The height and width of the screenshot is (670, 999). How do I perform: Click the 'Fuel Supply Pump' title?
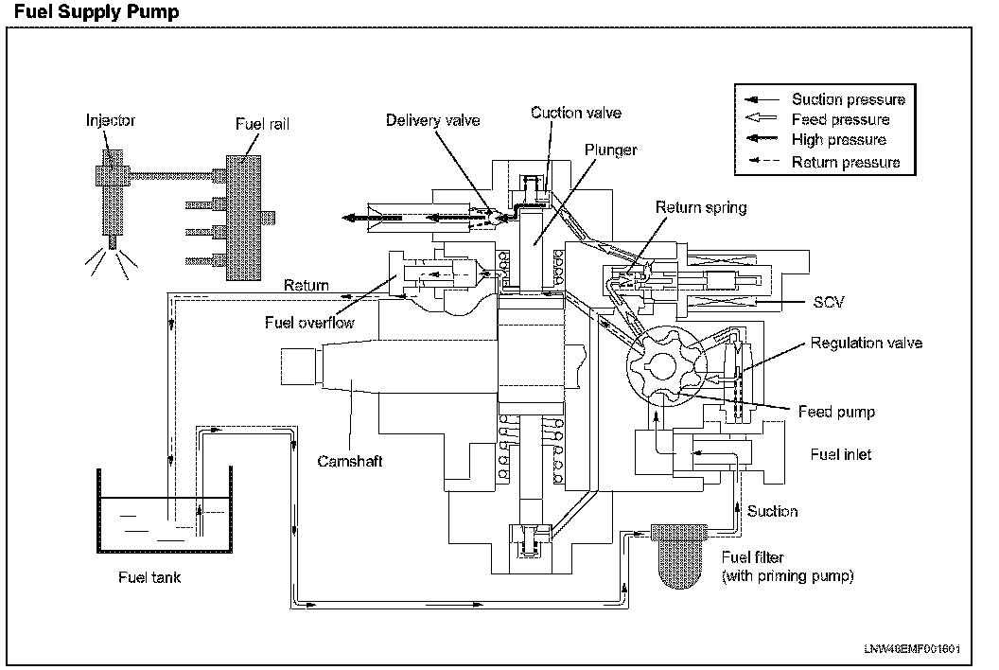(x=96, y=11)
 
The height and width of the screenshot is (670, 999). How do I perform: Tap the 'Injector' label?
(x=111, y=120)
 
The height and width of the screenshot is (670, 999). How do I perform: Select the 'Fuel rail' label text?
(x=262, y=124)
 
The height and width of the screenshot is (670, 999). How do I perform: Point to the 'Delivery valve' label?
(x=432, y=120)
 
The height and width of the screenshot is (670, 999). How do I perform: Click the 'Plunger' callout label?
(x=610, y=150)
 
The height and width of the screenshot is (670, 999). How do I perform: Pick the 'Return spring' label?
(x=701, y=207)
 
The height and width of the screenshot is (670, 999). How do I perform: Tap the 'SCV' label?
(x=829, y=302)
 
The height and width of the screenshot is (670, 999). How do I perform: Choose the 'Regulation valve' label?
(x=866, y=343)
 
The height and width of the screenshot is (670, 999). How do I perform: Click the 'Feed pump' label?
(x=836, y=412)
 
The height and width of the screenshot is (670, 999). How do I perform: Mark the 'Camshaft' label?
(x=350, y=461)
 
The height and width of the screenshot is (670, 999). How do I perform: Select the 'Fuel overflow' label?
(x=309, y=323)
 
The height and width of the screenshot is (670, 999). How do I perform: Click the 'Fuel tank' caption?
(x=149, y=577)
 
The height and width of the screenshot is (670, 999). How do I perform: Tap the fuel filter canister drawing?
(x=679, y=555)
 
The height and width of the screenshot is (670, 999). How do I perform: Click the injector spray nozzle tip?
(x=113, y=243)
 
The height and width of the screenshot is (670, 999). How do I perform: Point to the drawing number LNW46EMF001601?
(x=912, y=649)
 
